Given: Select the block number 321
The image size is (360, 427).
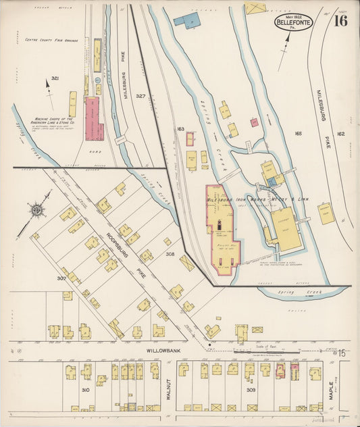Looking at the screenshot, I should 55,79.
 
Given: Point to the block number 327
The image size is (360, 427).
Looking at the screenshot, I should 140,97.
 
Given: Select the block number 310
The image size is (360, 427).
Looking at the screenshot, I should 85,391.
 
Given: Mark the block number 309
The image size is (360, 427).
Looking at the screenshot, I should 251,391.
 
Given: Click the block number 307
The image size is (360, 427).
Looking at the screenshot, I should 61,277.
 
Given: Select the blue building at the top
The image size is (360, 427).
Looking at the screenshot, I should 186,19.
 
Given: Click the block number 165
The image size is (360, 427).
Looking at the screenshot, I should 298,134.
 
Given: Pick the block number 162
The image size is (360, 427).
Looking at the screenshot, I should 341,134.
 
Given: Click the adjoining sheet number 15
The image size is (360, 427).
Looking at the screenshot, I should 342,353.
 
